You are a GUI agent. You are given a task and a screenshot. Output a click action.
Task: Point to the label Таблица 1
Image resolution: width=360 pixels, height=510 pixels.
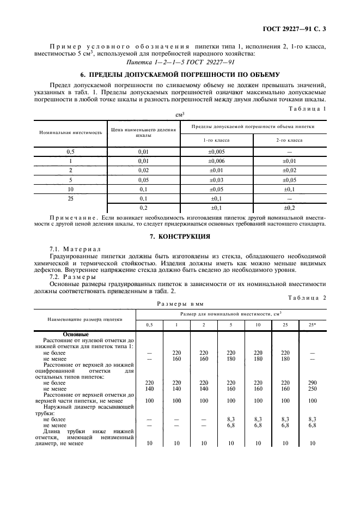(x=310, y=108)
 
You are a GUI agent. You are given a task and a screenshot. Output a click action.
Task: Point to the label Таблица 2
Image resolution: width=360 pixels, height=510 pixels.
(x=310, y=297)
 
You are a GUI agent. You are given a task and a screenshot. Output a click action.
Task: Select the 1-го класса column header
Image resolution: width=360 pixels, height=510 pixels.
(x=216, y=140)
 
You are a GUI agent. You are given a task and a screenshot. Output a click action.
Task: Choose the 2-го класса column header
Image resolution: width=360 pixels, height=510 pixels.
(x=289, y=140)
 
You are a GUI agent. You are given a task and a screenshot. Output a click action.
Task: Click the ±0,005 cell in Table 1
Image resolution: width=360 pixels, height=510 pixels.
(x=216, y=151)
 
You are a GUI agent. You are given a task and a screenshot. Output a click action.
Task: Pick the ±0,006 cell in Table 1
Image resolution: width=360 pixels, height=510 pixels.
(x=216, y=161)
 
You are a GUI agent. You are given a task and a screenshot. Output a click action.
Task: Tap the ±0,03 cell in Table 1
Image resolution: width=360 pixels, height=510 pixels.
(x=216, y=179)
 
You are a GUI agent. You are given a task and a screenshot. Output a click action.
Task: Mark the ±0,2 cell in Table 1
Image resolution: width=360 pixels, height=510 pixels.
(x=289, y=208)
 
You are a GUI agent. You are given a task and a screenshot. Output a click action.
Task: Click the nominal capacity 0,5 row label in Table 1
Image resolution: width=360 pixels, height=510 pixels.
(x=70, y=151)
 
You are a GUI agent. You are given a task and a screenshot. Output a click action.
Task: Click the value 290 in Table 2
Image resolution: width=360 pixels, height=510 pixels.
(x=312, y=382)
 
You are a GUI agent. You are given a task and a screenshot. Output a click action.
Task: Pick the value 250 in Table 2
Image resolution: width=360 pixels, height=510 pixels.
(x=312, y=388)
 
